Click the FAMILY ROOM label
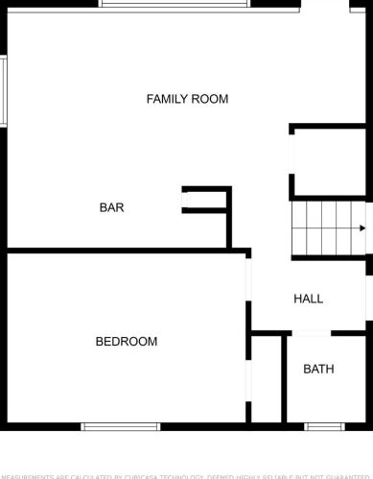coord(187,99)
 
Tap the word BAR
coord(111,207)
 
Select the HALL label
coord(308,299)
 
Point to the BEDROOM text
coord(126,342)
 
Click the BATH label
coord(318,369)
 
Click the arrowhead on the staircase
coord(361,228)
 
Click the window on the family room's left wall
coord(4,90)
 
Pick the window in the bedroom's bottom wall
coord(119,426)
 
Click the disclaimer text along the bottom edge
coord(186,475)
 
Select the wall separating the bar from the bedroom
coord(125,251)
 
